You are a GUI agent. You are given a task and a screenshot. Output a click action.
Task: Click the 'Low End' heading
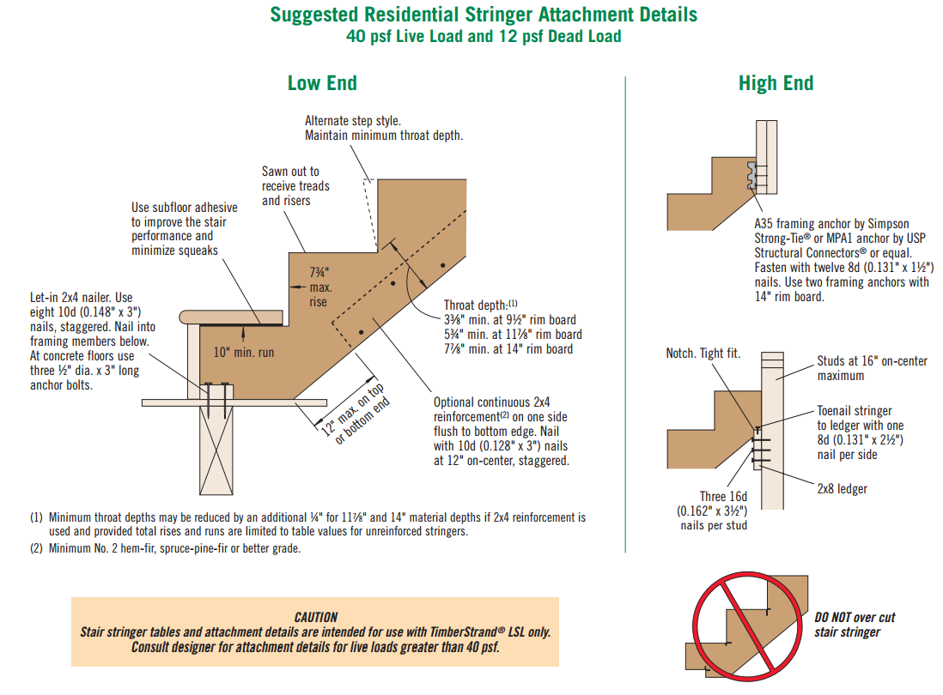pyautogui.click(x=322, y=83)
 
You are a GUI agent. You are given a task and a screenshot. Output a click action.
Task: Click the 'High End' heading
pyautogui.click(x=776, y=83)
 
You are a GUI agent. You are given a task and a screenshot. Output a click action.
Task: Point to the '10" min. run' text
pyautogui.click(x=244, y=352)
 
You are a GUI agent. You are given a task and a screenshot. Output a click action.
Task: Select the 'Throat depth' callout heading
pyautogui.click(x=480, y=305)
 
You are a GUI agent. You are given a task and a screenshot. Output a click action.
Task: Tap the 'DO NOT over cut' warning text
pyautogui.click(x=855, y=618)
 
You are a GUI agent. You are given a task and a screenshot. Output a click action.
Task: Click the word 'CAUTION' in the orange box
pyautogui.click(x=315, y=616)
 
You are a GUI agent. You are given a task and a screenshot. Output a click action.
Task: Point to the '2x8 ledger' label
pyautogui.click(x=842, y=488)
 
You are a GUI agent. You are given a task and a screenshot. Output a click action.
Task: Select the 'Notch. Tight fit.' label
pyautogui.click(x=703, y=354)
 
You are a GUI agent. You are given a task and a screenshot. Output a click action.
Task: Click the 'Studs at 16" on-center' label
pyautogui.click(x=872, y=361)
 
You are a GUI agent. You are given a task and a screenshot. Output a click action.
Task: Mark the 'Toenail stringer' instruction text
pyautogui.click(x=854, y=411)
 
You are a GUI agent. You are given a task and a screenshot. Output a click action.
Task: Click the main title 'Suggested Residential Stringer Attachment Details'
pyautogui.click(x=484, y=15)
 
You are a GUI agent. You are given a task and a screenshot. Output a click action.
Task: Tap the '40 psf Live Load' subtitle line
pyautogui.click(x=484, y=36)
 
